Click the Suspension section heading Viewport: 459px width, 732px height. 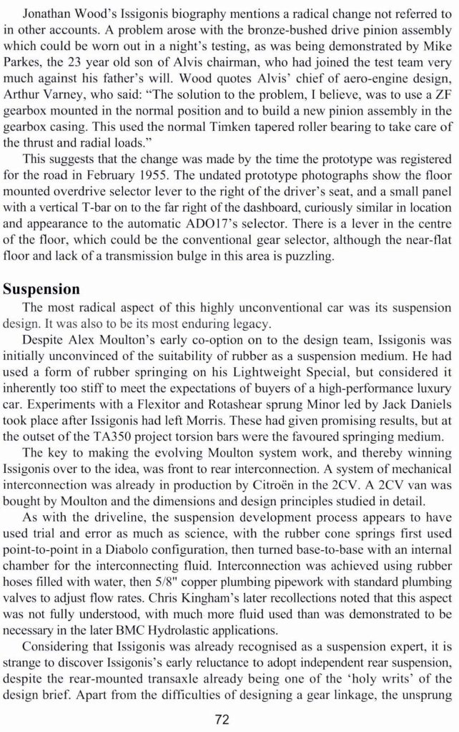[x=41, y=288]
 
